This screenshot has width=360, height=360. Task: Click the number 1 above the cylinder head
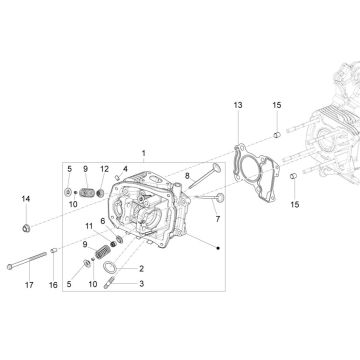coord(171,154)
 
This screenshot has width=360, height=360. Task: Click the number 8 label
coord(187,175)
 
